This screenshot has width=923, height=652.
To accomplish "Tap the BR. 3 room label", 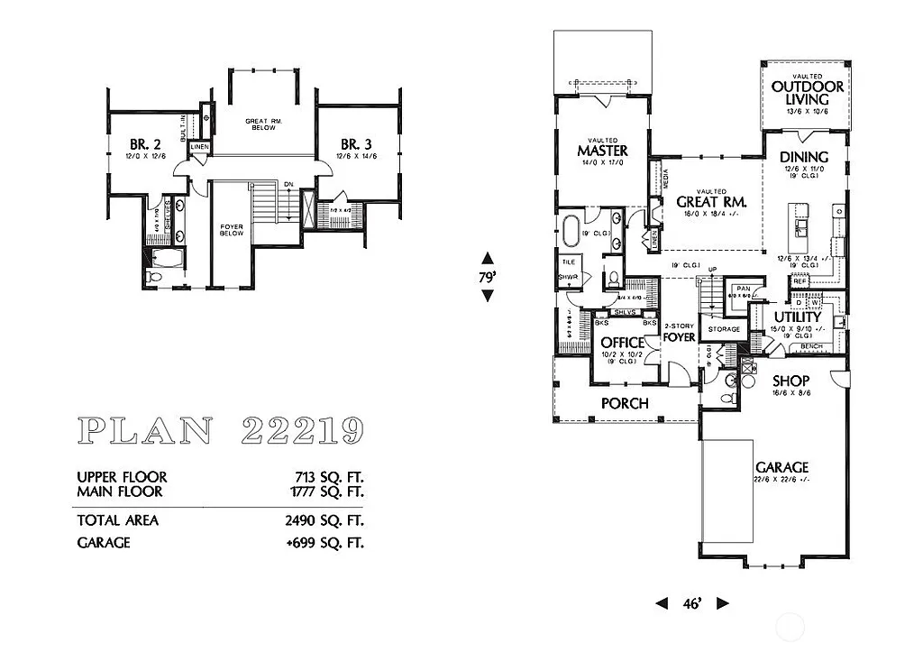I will [355, 144].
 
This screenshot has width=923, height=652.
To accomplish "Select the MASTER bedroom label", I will [602, 150].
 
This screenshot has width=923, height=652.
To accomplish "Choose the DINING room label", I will [803, 157].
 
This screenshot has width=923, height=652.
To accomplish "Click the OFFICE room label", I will [623, 343].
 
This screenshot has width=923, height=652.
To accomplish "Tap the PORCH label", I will [625, 403].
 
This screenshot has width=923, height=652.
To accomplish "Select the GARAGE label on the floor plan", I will [781, 467].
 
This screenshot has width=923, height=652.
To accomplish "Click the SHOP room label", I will [790, 381].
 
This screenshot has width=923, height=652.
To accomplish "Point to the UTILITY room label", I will [798, 317].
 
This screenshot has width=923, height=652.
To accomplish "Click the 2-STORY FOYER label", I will [679, 332].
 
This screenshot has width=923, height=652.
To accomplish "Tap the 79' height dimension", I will [488, 278].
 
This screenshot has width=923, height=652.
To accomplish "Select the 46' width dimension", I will [691, 603].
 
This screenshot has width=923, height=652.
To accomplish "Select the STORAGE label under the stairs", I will [724, 329].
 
